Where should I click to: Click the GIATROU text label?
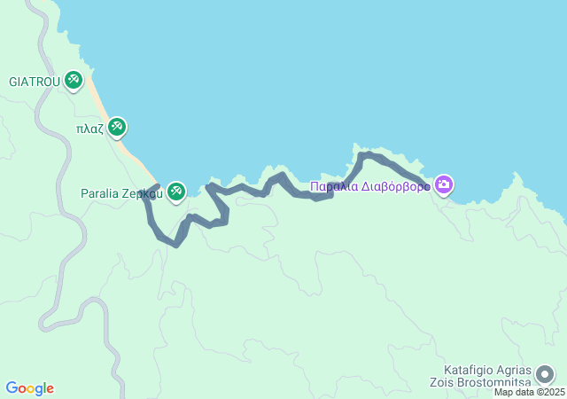(x=35, y=82)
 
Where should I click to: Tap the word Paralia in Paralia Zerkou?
(x=99, y=192)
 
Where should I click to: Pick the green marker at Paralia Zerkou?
(x=176, y=191)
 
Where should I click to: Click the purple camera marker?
(x=444, y=185)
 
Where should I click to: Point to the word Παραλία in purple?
(x=334, y=187)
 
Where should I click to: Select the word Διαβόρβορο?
(x=395, y=187)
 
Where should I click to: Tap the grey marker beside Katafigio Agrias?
(x=546, y=375)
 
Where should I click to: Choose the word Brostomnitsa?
(x=500, y=382)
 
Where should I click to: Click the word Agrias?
(x=516, y=369)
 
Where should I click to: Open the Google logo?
(x=29, y=388)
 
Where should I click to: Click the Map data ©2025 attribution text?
(x=529, y=393)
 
